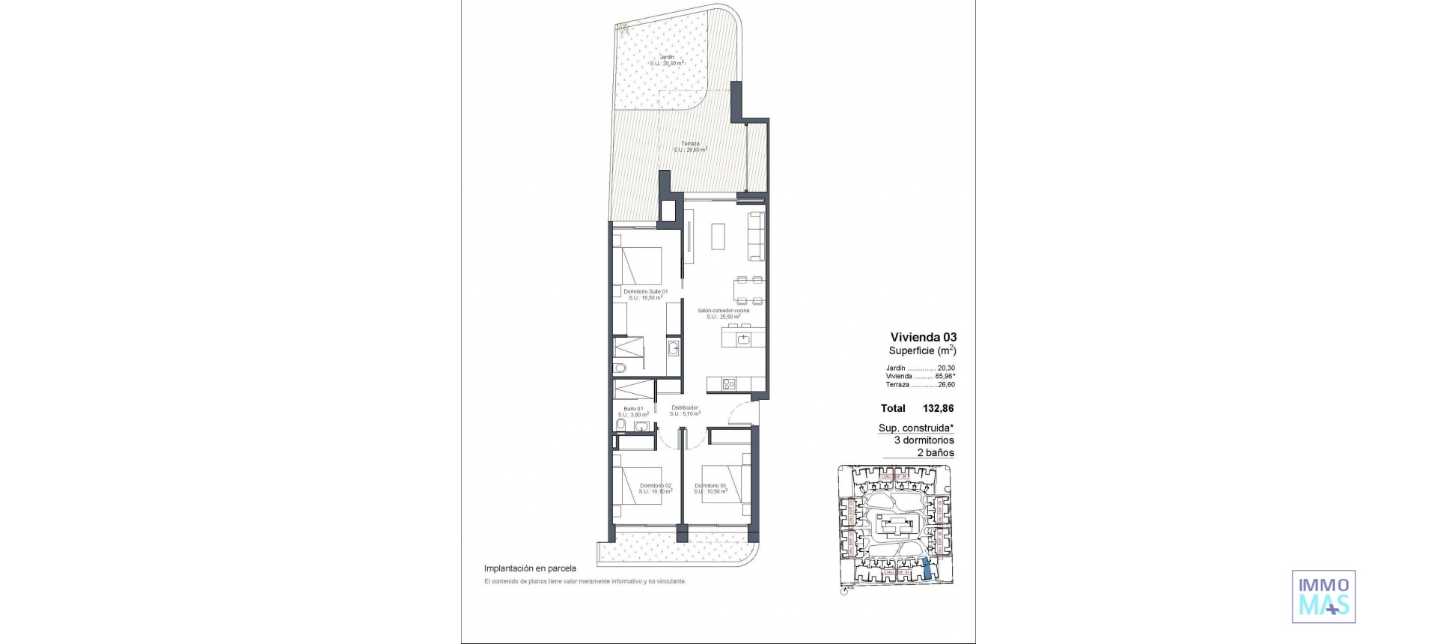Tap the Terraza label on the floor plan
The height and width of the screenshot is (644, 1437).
pos(690,145)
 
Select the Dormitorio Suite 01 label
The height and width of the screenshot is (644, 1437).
pos(645,292)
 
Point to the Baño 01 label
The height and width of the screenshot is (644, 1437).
pos(632,409)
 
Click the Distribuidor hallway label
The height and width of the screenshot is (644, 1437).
pos(684,408)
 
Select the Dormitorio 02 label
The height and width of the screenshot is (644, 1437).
pos(656,485)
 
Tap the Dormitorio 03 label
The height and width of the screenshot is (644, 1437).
pos(710,485)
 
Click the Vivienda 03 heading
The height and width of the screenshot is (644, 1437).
pos(923,338)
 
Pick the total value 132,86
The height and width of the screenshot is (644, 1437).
pos(938,409)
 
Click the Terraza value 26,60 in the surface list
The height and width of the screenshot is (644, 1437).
pos(946,385)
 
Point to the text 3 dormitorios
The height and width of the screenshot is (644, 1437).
pos(924,440)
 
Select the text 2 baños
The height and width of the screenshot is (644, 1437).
pos(935,453)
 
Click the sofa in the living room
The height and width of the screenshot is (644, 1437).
pos(757,237)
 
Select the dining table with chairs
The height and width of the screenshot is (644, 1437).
pos(749,290)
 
